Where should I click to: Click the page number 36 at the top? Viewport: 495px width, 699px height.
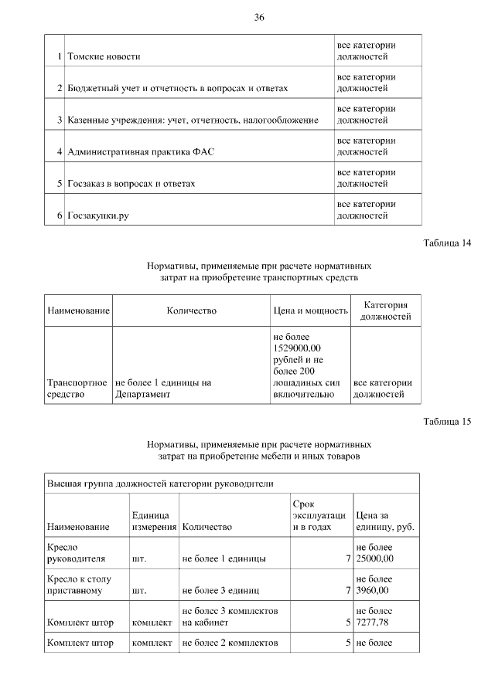pyautogui.click(x=259, y=18)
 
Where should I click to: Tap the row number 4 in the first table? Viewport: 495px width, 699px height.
pyautogui.click(x=60, y=152)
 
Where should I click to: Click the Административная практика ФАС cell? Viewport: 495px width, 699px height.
pyautogui.click(x=141, y=152)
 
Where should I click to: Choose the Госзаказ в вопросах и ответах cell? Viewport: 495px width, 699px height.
pyautogui.click(x=131, y=184)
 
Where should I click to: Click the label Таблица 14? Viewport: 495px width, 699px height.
pyautogui.click(x=447, y=244)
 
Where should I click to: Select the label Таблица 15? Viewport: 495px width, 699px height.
pyautogui.click(x=447, y=422)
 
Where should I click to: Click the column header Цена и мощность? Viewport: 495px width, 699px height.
pyautogui.click(x=310, y=310)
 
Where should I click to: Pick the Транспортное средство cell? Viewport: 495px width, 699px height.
pyautogui.click(x=77, y=388)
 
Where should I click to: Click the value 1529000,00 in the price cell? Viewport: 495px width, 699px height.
pyautogui.click(x=297, y=349)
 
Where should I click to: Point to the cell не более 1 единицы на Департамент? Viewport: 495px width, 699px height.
pyautogui.click(x=163, y=388)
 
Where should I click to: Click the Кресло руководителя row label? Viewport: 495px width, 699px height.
pyautogui.click(x=76, y=551)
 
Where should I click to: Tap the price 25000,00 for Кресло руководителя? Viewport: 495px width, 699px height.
pyautogui.click(x=375, y=558)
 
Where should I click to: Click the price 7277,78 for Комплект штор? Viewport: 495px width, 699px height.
pyautogui.click(x=374, y=621)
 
